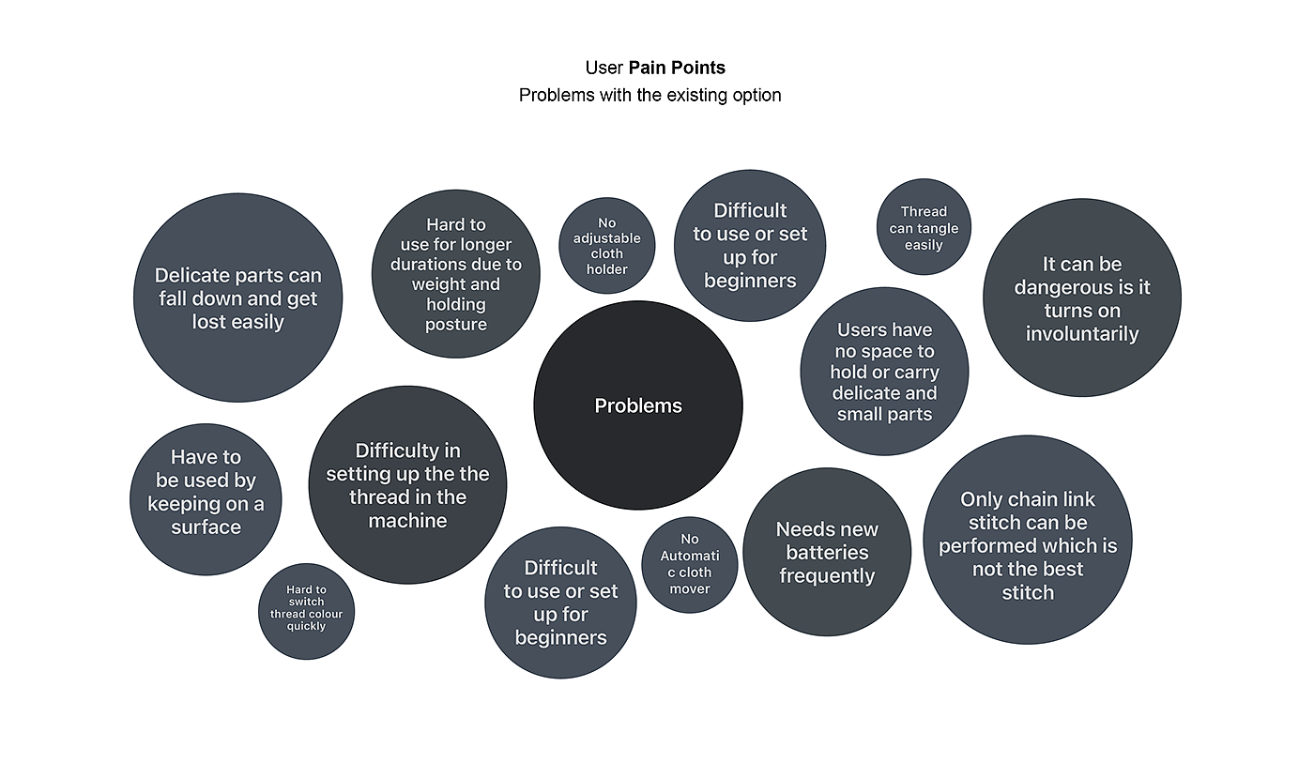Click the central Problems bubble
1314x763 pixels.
tap(638, 405)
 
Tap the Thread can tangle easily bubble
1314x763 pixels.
tap(924, 228)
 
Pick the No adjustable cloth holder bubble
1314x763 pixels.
tap(607, 246)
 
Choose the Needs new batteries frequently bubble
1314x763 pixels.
tap(827, 553)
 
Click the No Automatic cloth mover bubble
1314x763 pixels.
tap(690, 564)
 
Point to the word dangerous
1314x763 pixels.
tap(1061, 287)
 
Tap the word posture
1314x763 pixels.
tap(456, 325)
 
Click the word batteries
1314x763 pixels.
tap(827, 553)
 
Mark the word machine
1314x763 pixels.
tap(407, 520)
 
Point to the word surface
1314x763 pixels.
tap(206, 526)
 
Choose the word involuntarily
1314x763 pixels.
tap(1082, 333)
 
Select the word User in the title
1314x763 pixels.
tap(604, 68)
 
